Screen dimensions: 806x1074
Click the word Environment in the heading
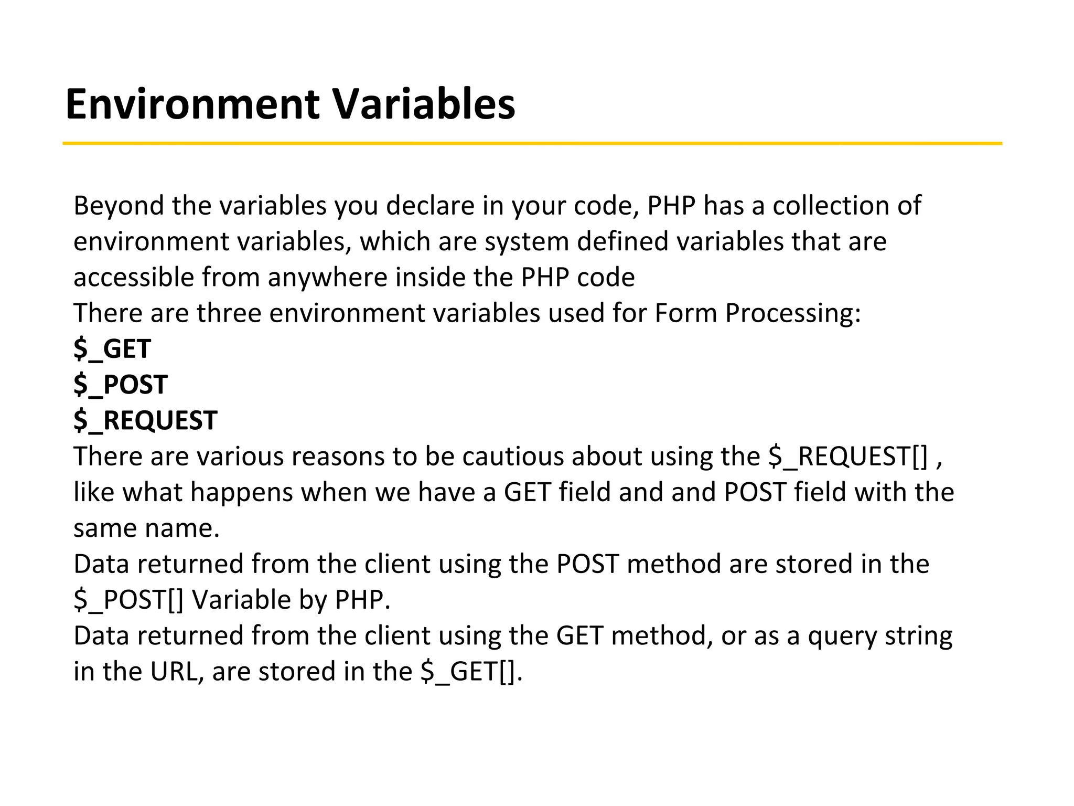click(192, 104)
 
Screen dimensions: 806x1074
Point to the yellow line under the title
click(532, 143)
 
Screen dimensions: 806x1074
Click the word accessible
click(133, 277)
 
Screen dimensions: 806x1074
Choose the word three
click(229, 313)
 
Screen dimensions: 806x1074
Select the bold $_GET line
click(112, 349)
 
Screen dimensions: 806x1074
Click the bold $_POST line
click(121, 385)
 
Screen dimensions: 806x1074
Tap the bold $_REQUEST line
click(145, 421)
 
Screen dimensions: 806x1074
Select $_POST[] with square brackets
click(128, 600)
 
